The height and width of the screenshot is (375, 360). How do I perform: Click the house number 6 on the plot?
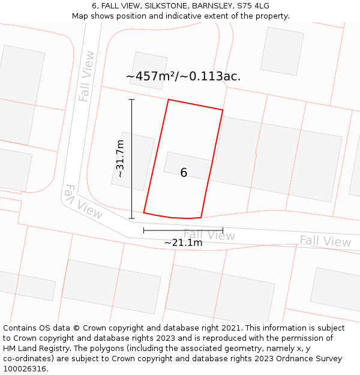coord(184,173)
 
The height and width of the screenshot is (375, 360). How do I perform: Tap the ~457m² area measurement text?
coord(183,76)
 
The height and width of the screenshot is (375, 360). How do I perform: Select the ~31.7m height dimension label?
coord(120,158)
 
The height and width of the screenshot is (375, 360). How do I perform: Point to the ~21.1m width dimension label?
coord(183,242)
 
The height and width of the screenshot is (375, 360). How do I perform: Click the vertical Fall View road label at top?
coord(87,76)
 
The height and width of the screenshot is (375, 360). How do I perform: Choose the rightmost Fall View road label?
coord(325,241)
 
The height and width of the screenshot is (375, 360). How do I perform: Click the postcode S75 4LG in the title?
coord(253,5)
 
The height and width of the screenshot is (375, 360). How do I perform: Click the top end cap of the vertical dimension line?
coord(132,100)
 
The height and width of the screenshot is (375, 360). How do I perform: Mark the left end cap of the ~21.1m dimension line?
coord(144,230)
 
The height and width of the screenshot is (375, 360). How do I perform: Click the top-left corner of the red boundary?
coord(168,100)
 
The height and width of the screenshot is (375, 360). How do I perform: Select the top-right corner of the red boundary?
coord(223,110)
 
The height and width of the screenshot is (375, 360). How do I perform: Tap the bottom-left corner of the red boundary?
coord(144,212)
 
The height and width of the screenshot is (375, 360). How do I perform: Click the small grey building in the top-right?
coord(281,51)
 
